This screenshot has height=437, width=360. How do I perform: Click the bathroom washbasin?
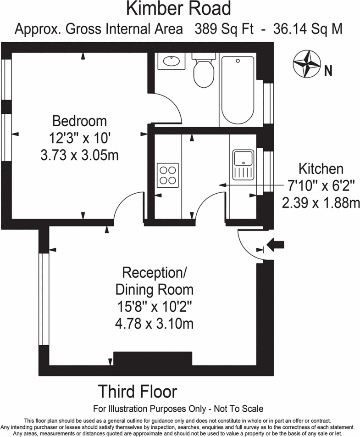[x=172, y=61]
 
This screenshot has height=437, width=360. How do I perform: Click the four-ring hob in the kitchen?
[x=168, y=175]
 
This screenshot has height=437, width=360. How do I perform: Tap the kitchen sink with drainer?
[x=243, y=166]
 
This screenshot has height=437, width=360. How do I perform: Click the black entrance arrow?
[x=278, y=244]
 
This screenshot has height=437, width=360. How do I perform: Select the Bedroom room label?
[x=79, y=122]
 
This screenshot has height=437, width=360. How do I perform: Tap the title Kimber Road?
[x=178, y=9]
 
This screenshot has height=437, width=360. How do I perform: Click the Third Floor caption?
[x=138, y=392]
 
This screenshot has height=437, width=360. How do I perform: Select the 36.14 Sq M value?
[x=307, y=29]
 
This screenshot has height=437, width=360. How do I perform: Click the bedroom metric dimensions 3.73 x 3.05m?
[x=79, y=155]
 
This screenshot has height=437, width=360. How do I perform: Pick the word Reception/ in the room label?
[x=154, y=273]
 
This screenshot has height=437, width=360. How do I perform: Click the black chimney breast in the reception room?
[x=152, y=358]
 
